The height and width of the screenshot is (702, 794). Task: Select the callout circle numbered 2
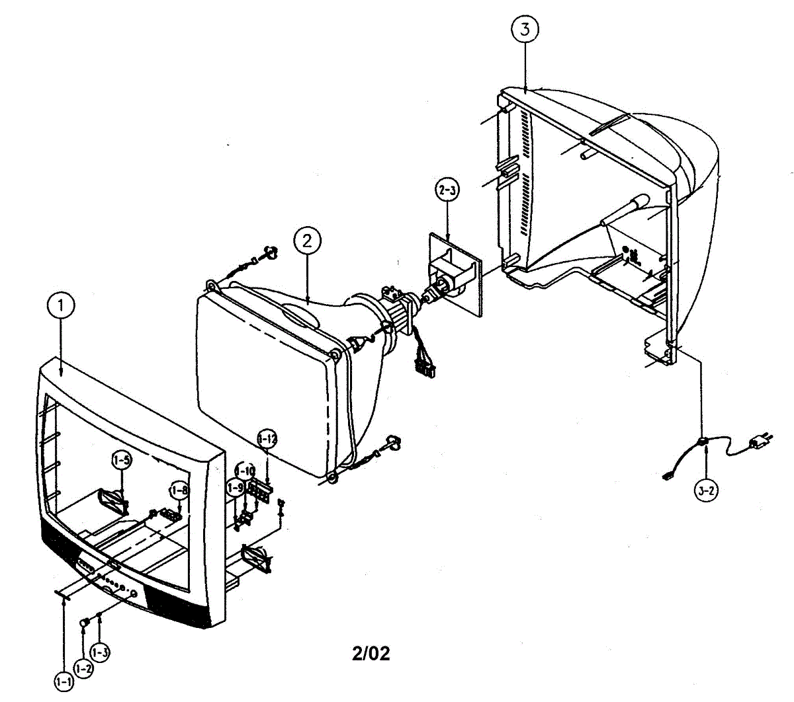click(x=306, y=241)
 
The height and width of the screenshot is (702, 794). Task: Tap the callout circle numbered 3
click(x=525, y=29)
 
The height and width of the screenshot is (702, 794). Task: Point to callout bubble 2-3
click(x=447, y=190)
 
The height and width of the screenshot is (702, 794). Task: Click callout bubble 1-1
click(x=64, y=680)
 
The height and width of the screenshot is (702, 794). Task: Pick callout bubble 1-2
click(x=83, y=668)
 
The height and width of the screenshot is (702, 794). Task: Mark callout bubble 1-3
click(x=100, y=653)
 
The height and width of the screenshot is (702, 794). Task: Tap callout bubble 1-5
click(x=121, y=461)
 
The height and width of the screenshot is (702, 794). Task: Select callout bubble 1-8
click(x=179, y=490)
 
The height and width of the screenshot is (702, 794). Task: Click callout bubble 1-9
click(x=235, y=488)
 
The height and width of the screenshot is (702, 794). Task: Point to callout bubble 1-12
click(x=267, y=438)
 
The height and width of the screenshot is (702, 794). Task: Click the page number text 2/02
click(x=371, y=654)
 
